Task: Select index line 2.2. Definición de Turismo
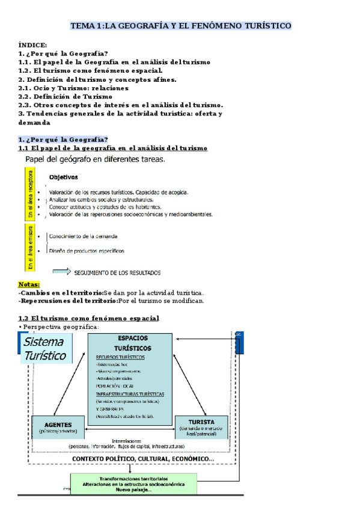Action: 65,96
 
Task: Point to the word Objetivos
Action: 63,177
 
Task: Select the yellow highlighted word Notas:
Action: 29,284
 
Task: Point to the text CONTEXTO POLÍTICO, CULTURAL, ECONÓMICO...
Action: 142,459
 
